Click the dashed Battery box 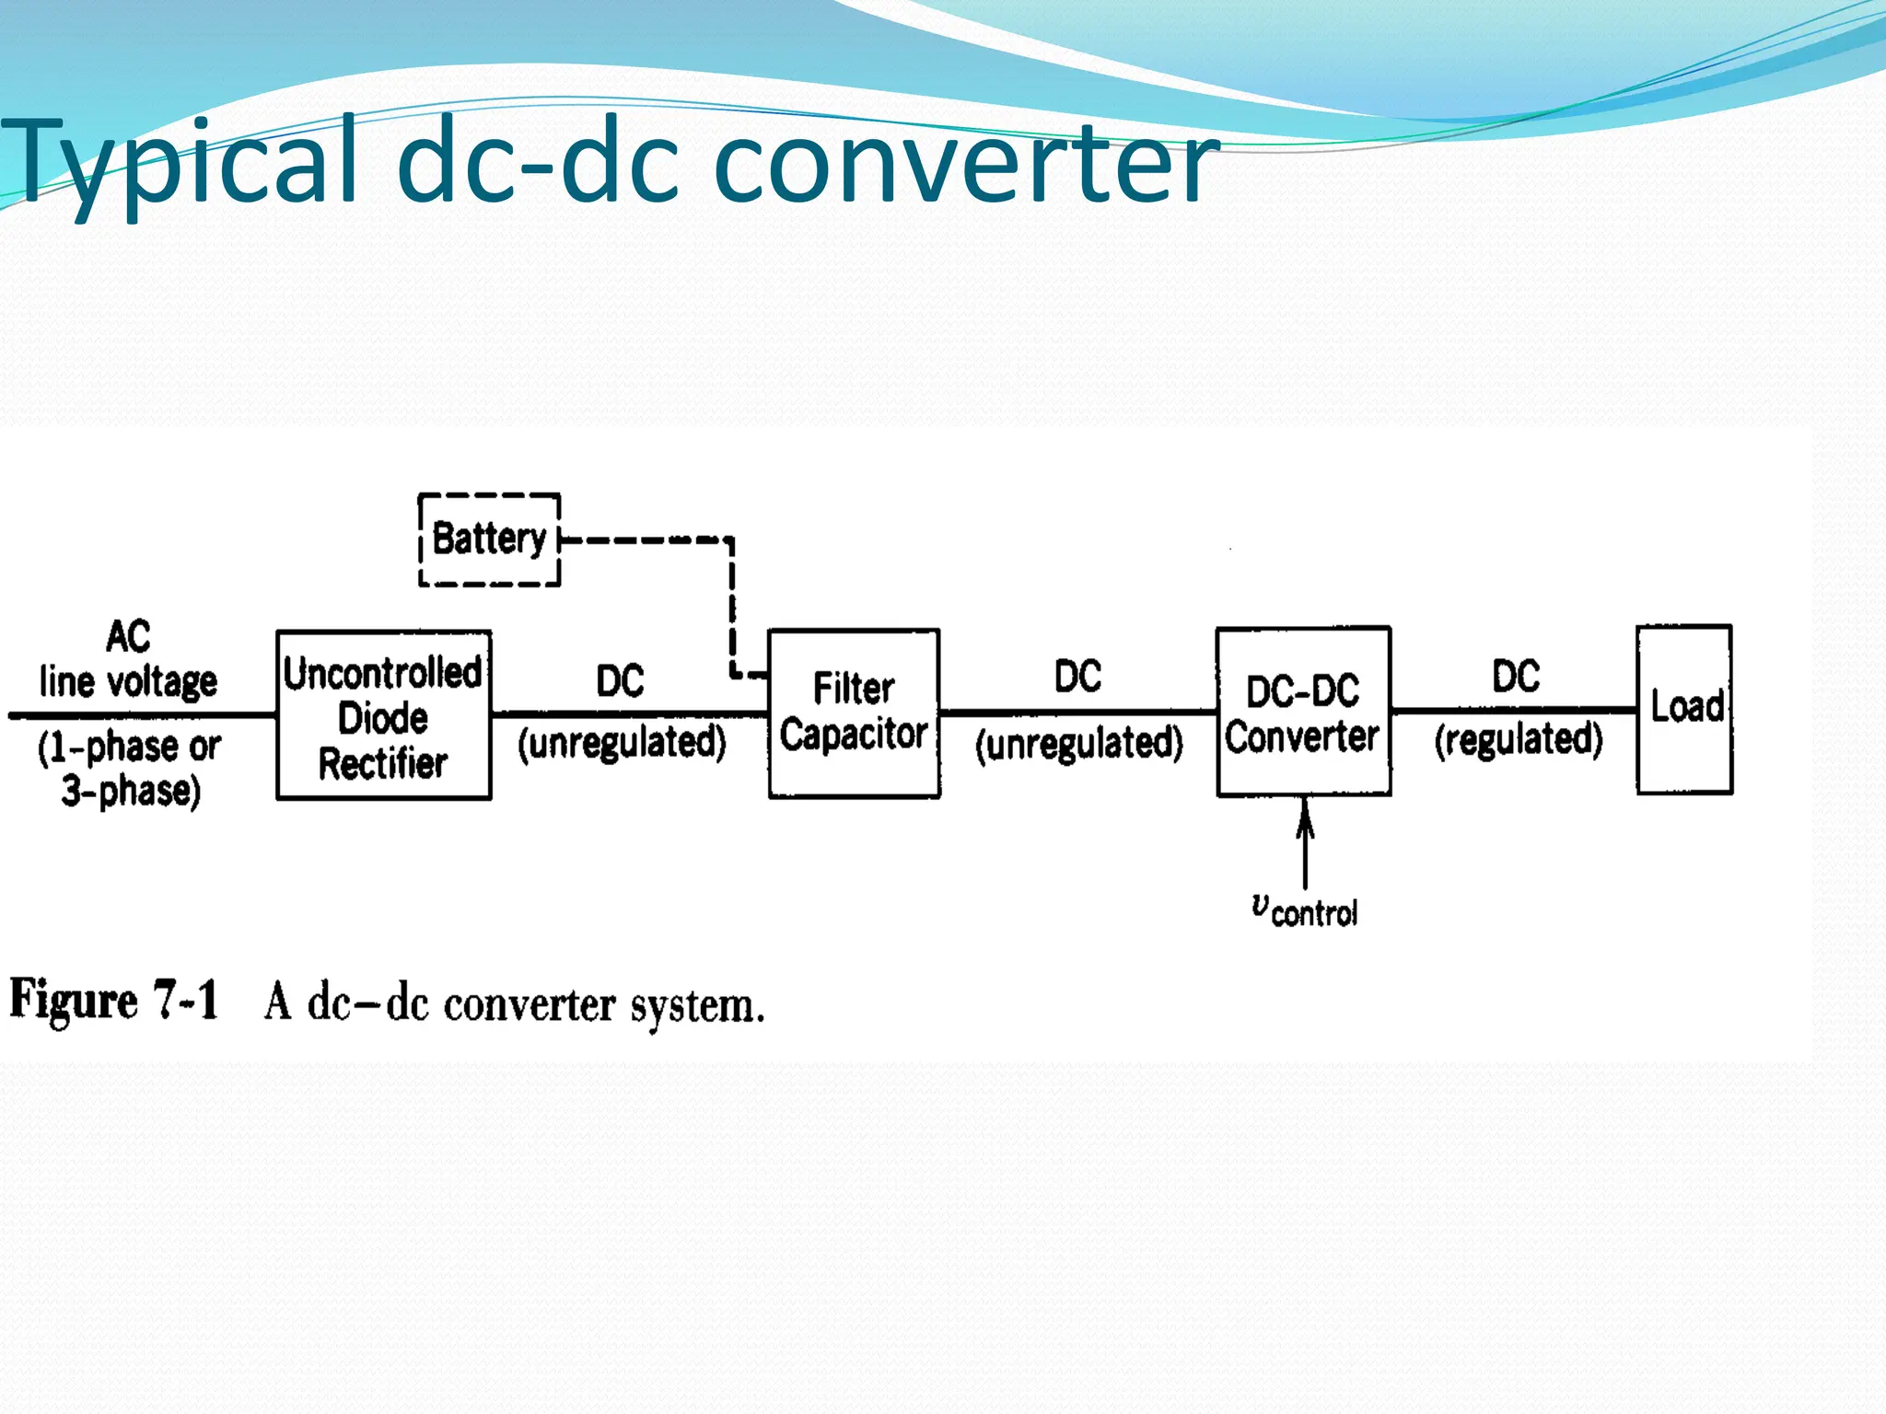tap(489, 539)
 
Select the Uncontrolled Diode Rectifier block tap(383, 715)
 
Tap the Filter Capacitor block tap(854, 713)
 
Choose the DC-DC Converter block tap(1303, 712)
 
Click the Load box tap(1684, 709)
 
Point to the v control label tap(1305, 910)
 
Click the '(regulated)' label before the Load tap(1519, 739)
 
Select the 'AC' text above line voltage tap(128, 636)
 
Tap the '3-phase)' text tap(131, 791)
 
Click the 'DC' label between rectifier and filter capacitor tap(620, 681)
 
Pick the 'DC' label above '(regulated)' tap(1516, 677)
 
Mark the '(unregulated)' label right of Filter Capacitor tap(1078, 743)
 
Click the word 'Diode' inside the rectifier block tap(383, 718)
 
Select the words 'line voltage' tap(128, 682)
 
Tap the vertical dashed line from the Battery tap(732, 608)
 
